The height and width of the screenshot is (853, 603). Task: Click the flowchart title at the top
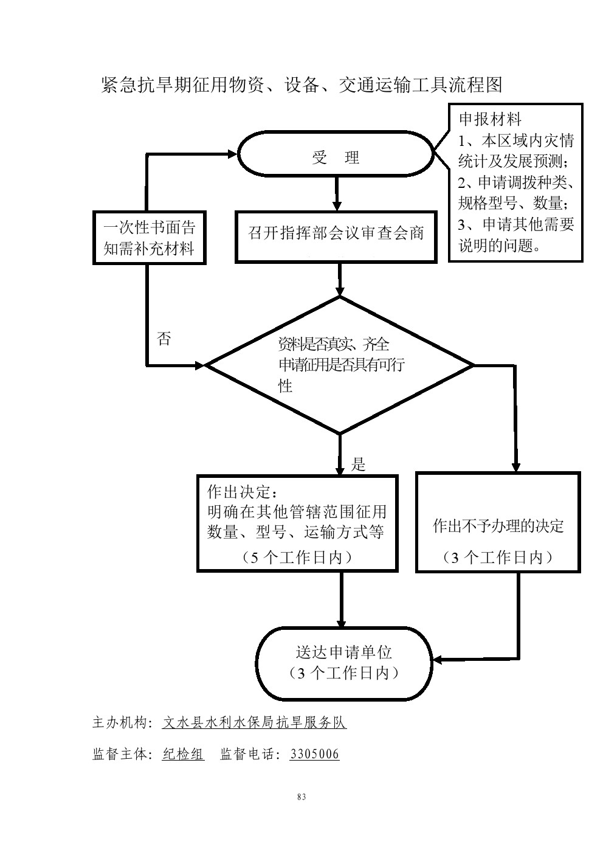click(x=301, y=85)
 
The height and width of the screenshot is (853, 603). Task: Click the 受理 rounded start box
click(x=335, y=157)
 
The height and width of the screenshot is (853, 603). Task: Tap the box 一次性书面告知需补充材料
click(x=149, y=238)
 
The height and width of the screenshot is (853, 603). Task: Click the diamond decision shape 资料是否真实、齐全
click(x=340, y=365)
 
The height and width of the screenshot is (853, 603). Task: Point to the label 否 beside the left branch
click(x=164, y=339)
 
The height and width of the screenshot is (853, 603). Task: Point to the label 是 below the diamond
click(x=359, y=465)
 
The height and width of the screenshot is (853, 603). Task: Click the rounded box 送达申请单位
click(x=343, y=663)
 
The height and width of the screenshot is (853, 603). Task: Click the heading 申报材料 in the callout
click(x=490, y=119)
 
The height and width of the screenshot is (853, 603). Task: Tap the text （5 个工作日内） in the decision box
click(x=297, y=558)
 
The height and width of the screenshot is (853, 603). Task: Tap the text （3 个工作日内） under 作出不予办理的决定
click(x=497, y=558)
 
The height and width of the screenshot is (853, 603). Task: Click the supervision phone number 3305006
click(x=314, y=755)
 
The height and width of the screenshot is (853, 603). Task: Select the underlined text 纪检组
click(x=183, y=755)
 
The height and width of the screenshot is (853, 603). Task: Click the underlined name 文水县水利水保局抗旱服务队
click(x=254, y=722)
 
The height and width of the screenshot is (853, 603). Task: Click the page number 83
click(x=301, y=797)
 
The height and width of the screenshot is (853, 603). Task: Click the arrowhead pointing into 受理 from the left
click(x=231, y=155)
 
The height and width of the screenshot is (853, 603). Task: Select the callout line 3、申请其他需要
click(x=515, y=224)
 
